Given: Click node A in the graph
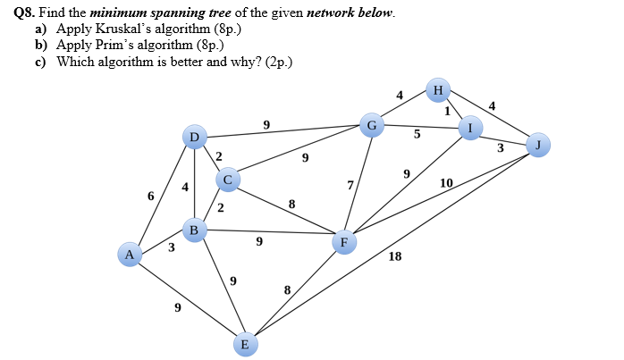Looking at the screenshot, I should point(130,255).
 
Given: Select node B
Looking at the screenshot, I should point(195,230).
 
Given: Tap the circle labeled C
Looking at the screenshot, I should point(227,180).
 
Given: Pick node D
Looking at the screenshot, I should point(194,137).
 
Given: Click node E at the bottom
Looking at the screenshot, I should point(245,344).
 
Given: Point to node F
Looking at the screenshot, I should point(343,242).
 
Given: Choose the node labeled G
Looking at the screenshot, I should point(372,125).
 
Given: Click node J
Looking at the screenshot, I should point(536,145).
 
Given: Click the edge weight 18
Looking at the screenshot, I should point(395,257).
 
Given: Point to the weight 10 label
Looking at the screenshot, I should point(446,184).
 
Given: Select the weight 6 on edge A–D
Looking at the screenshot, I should point(151,196).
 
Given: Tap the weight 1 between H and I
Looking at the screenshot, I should point(447,111).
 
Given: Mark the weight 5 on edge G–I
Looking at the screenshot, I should point(416,135).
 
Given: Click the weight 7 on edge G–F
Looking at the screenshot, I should point(350,185).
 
